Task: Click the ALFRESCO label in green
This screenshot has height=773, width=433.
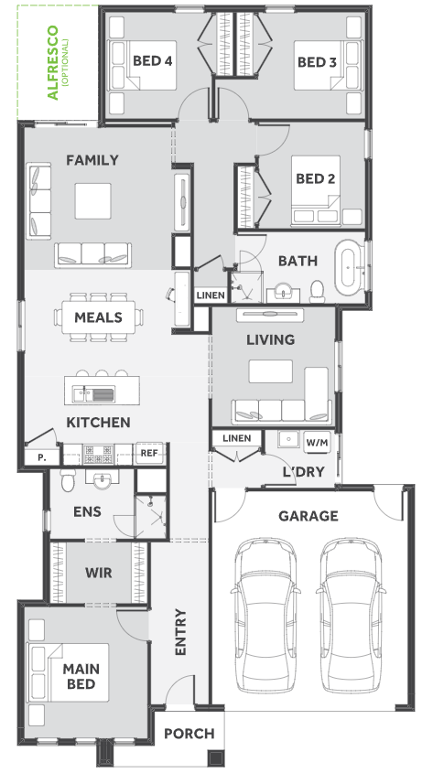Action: click(52, 62)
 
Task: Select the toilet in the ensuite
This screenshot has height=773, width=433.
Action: click(69, 480)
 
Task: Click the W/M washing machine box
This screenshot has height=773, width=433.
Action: click(317, 442)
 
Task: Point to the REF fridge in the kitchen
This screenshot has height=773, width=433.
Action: click(149, 453)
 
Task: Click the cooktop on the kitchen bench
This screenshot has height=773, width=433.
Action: click(98, 454)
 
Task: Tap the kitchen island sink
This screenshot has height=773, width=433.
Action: click(93, 393)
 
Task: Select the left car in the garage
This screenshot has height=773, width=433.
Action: click(265, 616)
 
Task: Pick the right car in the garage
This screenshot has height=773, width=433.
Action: click(351, 616)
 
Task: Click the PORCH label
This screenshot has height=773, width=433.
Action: click(189, 734)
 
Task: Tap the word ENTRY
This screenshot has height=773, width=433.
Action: click(180, 632)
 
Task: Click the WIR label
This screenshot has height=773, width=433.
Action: click(99, 573)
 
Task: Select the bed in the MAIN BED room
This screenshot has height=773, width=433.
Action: click(69, 672)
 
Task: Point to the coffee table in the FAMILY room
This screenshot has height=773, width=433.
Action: click(92, 200)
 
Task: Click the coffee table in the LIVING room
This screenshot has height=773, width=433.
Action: click(270, 371)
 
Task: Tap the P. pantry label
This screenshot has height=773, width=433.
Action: click(42, 457)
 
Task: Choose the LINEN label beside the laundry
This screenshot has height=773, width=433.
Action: click(237, 438)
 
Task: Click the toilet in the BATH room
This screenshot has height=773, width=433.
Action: click(317, 291)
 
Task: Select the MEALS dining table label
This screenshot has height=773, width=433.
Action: click(98, 317)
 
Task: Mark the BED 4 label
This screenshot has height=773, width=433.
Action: click(152, 61)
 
